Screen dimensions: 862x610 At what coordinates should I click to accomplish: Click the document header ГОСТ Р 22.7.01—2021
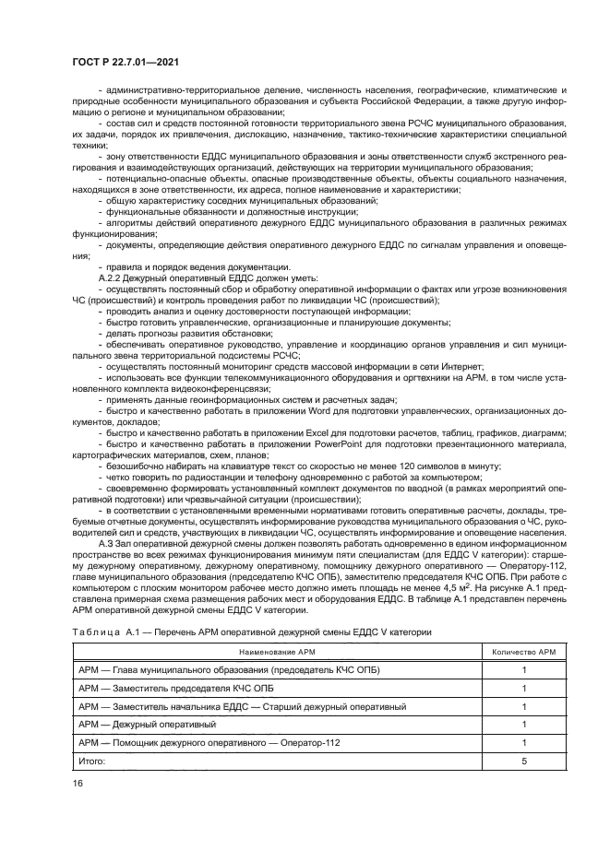(x=125, y=61)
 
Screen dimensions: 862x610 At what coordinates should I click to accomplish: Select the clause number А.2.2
(x=113, y=277)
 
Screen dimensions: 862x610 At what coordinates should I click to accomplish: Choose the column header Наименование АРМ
(x=277, y=651)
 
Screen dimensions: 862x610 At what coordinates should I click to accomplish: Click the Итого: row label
(x=92, y=761)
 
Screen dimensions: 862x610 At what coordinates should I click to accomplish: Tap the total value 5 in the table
(x=523, y=761)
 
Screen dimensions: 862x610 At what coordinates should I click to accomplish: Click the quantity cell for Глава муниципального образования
(x=523, y=669)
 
